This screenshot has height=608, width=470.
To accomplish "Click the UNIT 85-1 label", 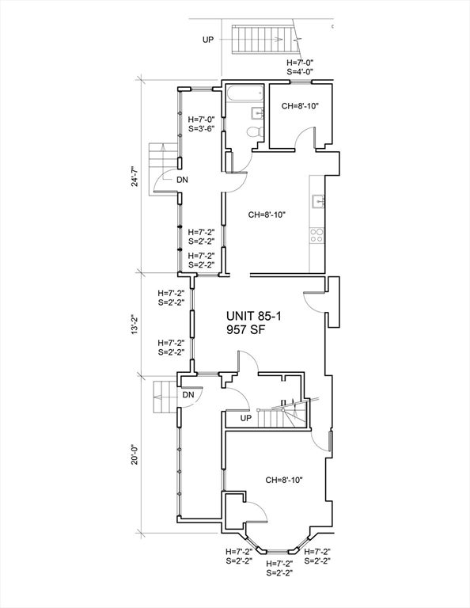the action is point(254,317).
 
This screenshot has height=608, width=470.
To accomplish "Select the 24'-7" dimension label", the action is point(135,176).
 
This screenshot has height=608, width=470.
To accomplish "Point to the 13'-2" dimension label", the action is point(135,324).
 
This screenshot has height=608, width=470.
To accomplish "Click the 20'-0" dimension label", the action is point(135,454).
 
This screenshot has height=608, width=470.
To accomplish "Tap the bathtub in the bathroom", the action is point(244,93).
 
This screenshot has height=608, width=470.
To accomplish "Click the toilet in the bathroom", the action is point(254,131).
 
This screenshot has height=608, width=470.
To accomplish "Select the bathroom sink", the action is point(257,113).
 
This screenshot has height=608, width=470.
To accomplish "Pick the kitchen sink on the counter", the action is point(318,201).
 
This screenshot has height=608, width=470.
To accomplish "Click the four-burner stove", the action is point(317,235).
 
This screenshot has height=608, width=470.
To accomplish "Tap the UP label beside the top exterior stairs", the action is point(208,40).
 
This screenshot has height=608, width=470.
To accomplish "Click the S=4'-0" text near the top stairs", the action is point(300,71).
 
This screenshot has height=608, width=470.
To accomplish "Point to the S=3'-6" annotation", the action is point(202,128).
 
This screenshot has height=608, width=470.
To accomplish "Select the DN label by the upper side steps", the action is point(183,180).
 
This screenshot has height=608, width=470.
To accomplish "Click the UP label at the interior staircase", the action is point(246,418).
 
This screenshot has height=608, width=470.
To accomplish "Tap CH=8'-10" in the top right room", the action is point(301,106).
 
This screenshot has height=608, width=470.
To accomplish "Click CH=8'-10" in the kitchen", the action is point(267,215).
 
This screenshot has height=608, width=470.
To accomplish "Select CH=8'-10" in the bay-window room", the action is point(284,480).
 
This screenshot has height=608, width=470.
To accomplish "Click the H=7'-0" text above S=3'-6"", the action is point(202,119).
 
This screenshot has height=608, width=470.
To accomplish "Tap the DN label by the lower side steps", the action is point(188,395).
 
